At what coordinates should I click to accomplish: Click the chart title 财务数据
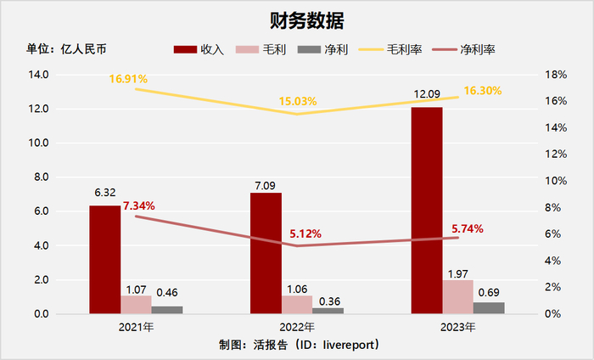[x=296, y=18]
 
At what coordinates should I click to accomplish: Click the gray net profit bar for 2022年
[x=328, y=311]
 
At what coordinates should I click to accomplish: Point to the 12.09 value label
[x=427, y=94]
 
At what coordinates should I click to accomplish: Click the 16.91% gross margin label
[x=128, y=79]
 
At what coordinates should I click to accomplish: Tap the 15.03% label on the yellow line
[x=298, y=102]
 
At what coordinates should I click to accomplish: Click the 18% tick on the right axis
[x=555, y=75]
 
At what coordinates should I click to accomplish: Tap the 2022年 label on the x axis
[x=297, y=327]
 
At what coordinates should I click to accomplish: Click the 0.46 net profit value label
[x=166, y=293]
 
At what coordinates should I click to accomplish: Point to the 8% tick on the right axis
[x=552, y=208]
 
